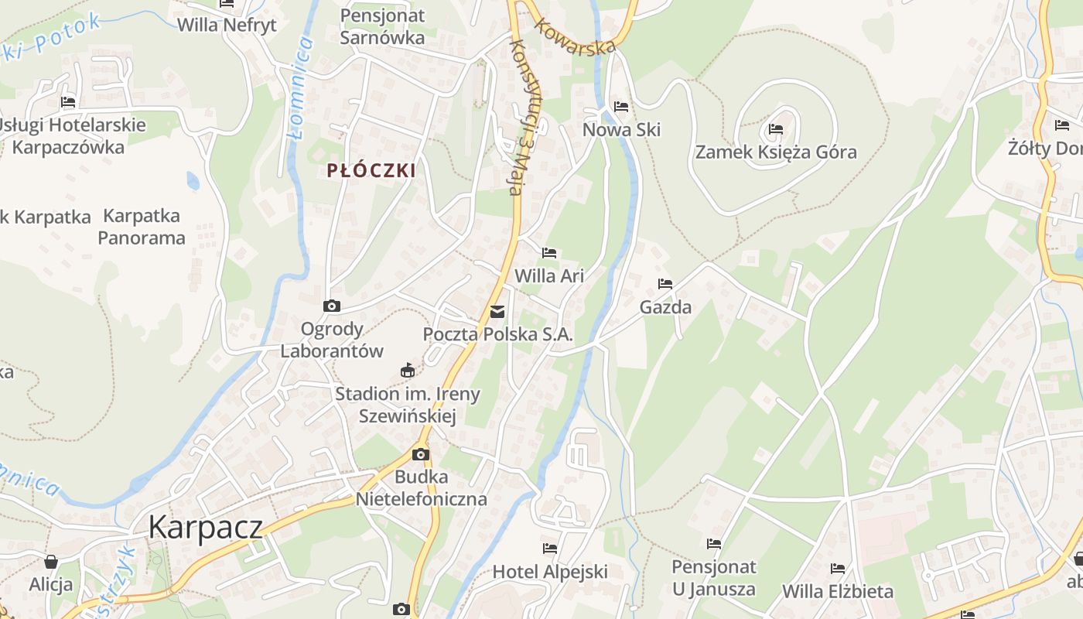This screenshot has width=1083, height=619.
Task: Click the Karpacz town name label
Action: [205, 527]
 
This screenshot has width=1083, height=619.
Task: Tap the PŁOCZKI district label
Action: [371, 171]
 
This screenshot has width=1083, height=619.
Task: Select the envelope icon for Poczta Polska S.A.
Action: [497, 312]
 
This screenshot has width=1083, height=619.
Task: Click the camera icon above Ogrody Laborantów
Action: [332, 306]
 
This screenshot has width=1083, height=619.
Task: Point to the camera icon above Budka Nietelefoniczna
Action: [421, 454]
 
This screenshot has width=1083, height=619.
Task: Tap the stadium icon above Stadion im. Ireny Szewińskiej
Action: [408, 371]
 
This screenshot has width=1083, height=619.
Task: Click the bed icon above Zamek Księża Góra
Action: [776, 129]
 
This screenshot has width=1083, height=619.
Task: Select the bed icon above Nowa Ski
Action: [621, 107]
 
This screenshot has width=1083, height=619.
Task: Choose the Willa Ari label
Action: [549, 275]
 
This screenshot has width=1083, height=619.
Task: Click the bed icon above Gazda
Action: [665, 284]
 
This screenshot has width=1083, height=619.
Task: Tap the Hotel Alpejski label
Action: [550, 572]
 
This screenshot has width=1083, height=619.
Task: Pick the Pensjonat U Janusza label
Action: [713, 577]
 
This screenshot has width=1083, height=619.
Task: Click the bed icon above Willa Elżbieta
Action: [838, 569]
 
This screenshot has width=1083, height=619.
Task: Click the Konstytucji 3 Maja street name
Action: [525, 116]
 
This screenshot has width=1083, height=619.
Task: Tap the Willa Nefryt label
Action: [227, 25]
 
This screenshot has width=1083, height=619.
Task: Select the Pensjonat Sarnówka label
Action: [382, 26]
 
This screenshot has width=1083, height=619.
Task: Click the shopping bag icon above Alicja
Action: [51, 561]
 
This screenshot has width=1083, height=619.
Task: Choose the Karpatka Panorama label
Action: [142, 227]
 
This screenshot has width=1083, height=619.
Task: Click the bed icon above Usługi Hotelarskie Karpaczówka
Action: [68, 102]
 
